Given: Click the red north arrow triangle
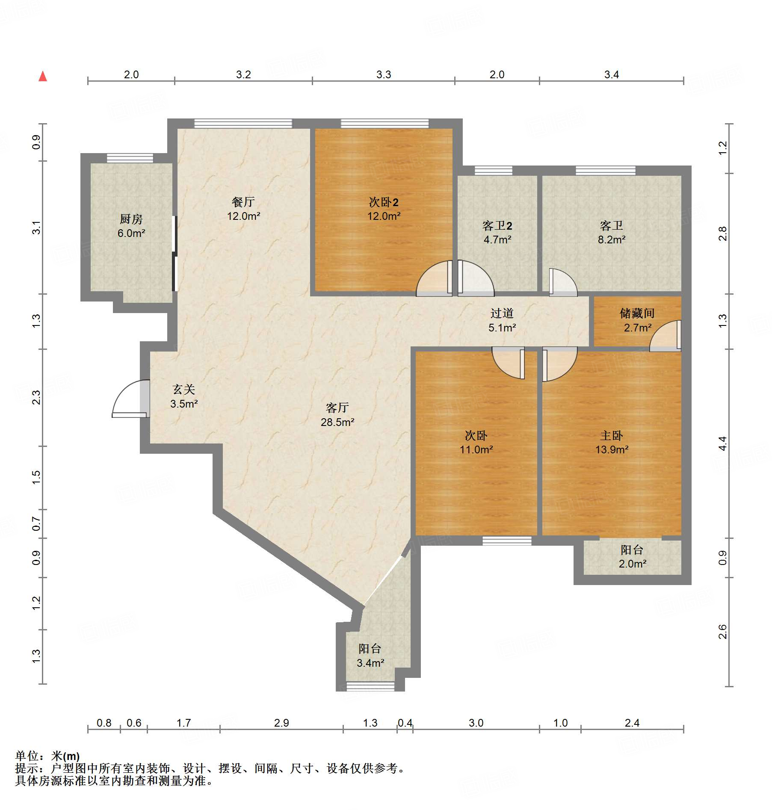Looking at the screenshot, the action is point(43,77).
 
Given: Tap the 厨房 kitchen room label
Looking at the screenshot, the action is point(131,219).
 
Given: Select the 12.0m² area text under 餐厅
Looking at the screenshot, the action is point(243,216).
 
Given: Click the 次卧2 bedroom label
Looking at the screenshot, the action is point(384,202).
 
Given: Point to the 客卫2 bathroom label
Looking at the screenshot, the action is point(497,226).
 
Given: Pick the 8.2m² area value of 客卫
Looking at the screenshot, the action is point(612,240).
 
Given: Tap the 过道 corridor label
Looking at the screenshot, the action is point(502,313).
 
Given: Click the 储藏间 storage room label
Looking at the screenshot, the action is point(637,313).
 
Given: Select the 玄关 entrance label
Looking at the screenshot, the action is point(184,390).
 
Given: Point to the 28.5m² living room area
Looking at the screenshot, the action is point(337,423).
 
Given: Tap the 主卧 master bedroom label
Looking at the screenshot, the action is point(612,436).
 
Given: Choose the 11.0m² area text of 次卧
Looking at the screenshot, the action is point(476,450).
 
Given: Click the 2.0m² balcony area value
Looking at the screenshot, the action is point(632,564).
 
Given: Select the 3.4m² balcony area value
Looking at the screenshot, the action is point(370,663).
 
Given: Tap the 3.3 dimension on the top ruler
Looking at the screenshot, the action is point(384,75).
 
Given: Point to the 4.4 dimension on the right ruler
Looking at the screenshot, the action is point(722,443).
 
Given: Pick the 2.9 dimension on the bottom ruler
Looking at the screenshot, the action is point(281,723).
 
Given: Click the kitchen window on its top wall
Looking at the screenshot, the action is point(130,158).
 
